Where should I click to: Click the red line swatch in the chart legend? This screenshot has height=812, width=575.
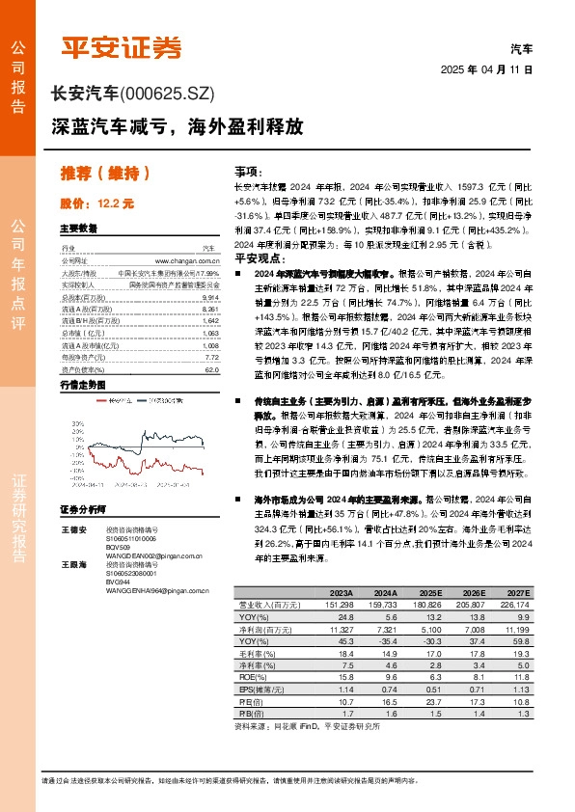141,395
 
